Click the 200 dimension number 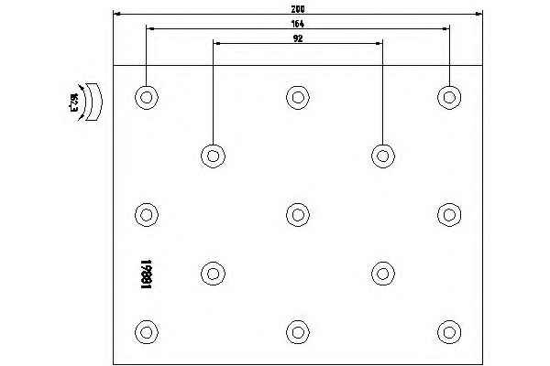pyautogui.click(x=297, y=7)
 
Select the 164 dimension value pyautogui.click(x=297, y=23)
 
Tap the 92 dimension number pyautogui.click(x=297, y=38)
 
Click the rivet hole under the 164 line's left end pyautogui.click(x=145, y=96)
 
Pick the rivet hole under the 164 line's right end pyautogui.click(x=448, y=96)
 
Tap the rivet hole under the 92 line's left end pyautogui.click(x=213, y=155)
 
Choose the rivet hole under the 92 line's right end pyautogui.click(x=382, y=155)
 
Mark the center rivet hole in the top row pyautogui.click(x=296, y=96)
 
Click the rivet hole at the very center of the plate pyautogui.click(x=296, y=214)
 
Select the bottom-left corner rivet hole pyautogui.click(x=145, y=331)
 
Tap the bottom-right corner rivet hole pyautogui.click(x=448, y=331)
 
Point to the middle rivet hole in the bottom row pyautogui.click(x=296, y=331)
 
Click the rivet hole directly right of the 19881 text pyautogui.click(x=213, y=273)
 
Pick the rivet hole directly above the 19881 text pyautogui.click(x=145, y=214)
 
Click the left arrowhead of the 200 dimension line pyautogui.click(x=115, y=14)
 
